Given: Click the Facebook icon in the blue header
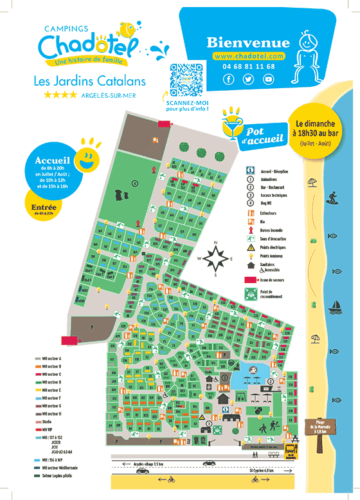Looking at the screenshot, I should pyautogui.click(x=229, y=79).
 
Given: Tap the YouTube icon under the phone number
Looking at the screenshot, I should pyautogui.click(x=268, y=79).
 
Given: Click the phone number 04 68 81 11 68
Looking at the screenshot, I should pyautogui.click(x=249, y=66).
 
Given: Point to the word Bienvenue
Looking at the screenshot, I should pyautogui.click(x=248, y=42).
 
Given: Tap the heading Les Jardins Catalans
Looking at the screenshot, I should pyautogui.click(x=89, y=81).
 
